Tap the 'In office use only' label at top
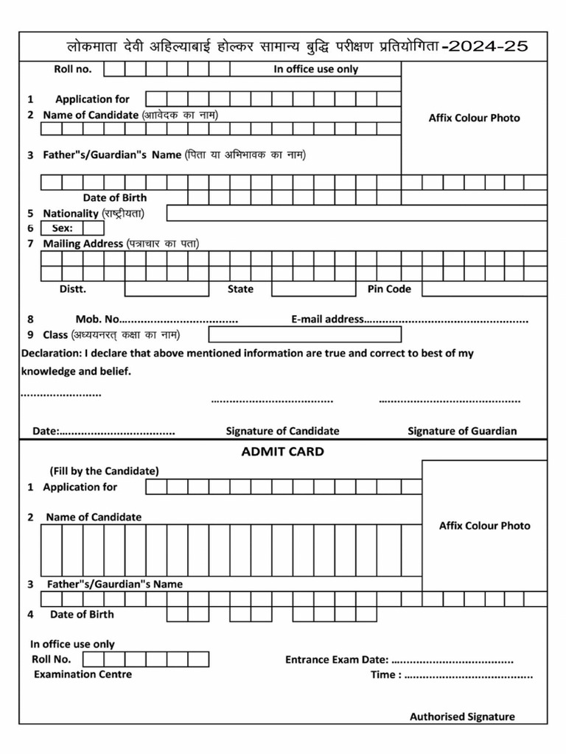coord(316,69)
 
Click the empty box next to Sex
coord(94,228)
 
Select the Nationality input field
coord(357,214)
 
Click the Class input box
coord(304,335)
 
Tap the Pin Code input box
coord(484,289)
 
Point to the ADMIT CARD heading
coord(282,451)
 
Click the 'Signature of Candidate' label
coord(282,431)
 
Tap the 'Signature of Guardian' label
coord(462,431)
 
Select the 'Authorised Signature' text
coord(462,716)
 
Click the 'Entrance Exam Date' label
coord(336,660)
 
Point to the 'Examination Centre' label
coord(83,674)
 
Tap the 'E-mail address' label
coord(327,320)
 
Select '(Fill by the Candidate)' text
coord(104,471)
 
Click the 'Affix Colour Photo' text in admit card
coord(484,526)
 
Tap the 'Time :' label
coord(386,675)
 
